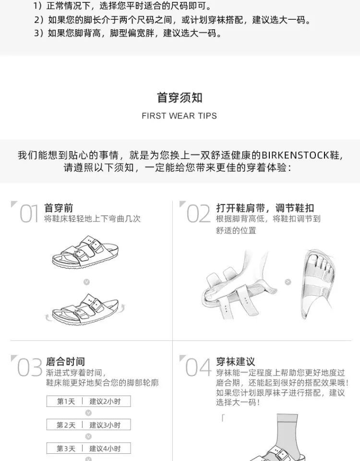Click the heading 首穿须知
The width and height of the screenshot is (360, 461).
tap(180, 97)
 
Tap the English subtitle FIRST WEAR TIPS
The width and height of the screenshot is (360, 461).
tap(179, 116)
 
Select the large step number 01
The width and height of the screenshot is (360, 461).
tap(29, 214)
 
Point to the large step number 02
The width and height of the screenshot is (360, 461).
tap(199, 214)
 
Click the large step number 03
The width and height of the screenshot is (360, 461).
tap(30, 367)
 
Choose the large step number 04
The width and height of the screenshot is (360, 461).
tap(198, 367)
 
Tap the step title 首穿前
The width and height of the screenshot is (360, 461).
tap(59, 208)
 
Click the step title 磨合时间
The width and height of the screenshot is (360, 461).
tap(65, 362)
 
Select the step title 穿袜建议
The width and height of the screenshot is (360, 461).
tap(235, 362)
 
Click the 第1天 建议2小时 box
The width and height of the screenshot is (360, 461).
tap(88, 401)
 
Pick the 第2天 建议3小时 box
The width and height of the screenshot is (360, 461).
tap(88, 425)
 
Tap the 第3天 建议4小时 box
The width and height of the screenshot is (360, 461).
tap(88, 449)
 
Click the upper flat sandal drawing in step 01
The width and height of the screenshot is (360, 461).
tap(85, 252)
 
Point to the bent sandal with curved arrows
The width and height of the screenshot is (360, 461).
tap(85, 309)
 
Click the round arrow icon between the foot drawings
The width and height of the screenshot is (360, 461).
tap(288, 282)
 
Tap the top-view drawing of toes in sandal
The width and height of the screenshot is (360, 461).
tap(319, 284)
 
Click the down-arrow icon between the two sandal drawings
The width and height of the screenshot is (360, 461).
tap(86, 282)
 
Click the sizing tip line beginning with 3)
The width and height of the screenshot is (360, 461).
tap(128, 33)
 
